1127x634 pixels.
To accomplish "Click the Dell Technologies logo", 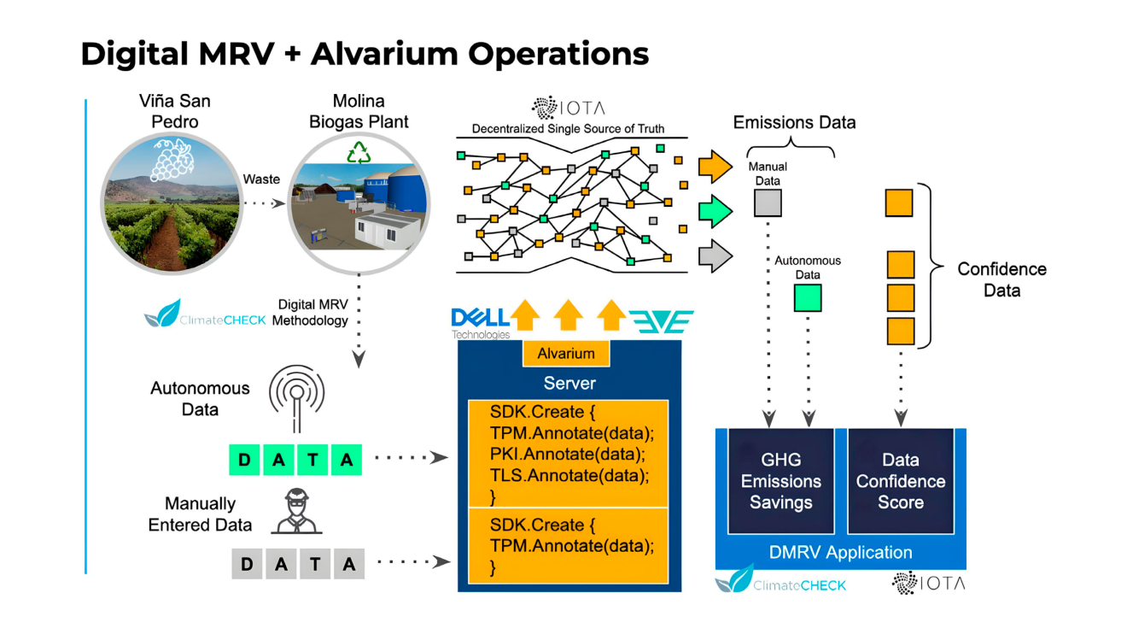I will (480, 322).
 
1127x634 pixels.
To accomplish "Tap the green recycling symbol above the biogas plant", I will (359, 153).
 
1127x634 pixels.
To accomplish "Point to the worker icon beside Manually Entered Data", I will (295, 512).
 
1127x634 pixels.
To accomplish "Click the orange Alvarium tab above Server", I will (566, 354).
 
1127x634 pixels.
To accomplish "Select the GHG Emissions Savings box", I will (780, 481).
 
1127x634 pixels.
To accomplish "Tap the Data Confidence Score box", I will (900, 481).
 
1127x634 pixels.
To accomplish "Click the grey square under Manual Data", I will (768, 203).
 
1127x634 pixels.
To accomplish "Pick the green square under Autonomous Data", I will (807, 297).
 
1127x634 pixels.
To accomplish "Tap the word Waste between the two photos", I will (261, 179).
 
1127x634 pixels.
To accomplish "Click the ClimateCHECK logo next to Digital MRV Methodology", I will (205, 316).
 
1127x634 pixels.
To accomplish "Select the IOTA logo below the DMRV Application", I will (927, 584).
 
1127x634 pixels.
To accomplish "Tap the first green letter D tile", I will (246, 461).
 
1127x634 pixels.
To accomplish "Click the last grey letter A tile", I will (348, 564).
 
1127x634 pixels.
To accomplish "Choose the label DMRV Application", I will (840, 553).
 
